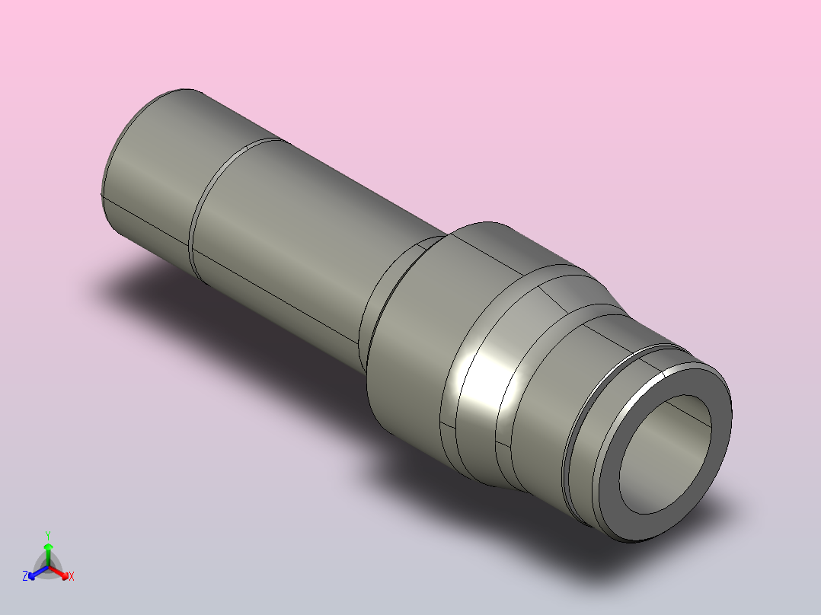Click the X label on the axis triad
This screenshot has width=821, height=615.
click(x=72, y=577)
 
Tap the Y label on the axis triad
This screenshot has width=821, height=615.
click(x=48, y=535)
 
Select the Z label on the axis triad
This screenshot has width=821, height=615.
click(x=25, y=577)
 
